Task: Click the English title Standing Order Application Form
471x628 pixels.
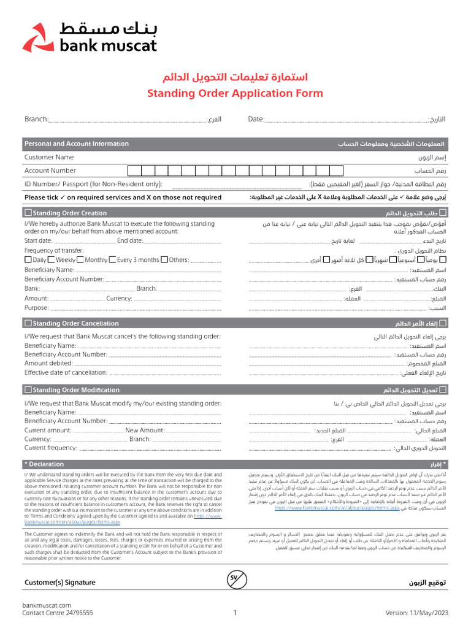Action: tap(235, 93)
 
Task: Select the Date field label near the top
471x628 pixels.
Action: tap(256, 119)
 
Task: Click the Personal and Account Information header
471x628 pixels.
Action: tap(77, 144)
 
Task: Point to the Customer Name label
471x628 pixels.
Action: tap(49, 157)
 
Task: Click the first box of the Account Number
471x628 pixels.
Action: tap(135, 170)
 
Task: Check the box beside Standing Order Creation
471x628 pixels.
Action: tap(28, 213)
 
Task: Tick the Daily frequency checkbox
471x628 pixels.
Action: tap(28, 260)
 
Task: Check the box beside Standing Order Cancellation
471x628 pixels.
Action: tap(28, 323)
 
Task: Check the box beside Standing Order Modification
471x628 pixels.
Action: tap(28, 390)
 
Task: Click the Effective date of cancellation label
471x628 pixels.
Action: tap(66, 372)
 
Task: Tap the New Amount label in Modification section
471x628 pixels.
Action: tap(145, 431)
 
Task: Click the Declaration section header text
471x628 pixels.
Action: tap(44, 464)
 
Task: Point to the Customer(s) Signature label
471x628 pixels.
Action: tap(60, 583)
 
